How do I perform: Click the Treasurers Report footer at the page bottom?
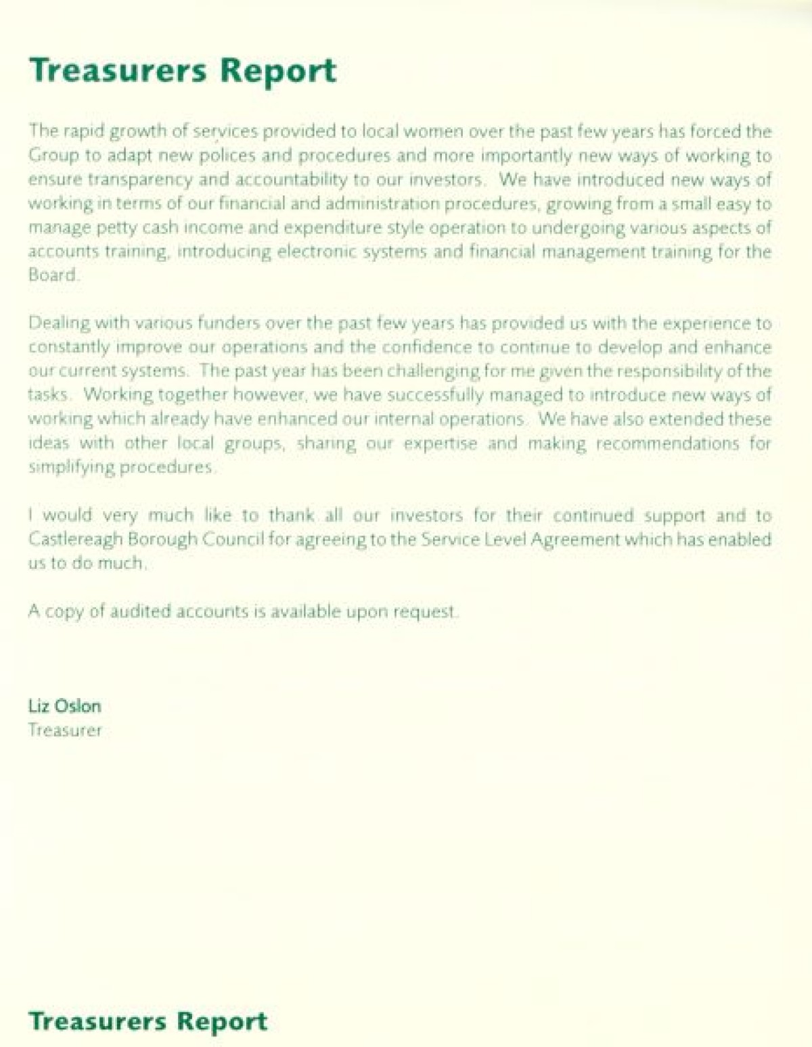tap(148, 1021)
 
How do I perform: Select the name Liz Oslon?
tap(64, 706)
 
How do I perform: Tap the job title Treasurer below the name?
tap(65, 730)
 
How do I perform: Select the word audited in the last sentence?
tap(141, 611)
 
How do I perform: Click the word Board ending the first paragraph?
tap(52, 275)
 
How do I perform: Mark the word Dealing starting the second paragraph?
tap(59, 323)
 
